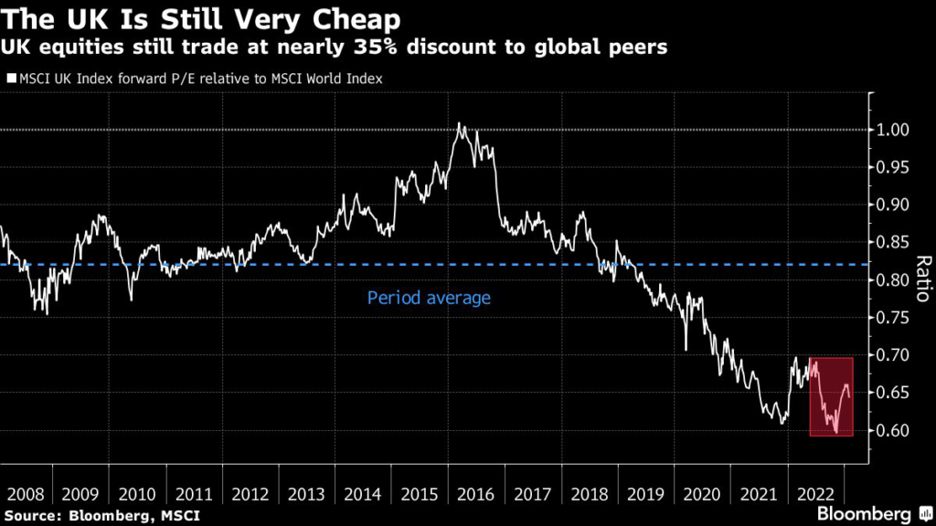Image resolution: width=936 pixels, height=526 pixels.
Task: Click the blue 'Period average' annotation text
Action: pyautogui.click(x=429, y=298)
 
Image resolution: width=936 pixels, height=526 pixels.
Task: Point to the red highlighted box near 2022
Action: pyautogui.click(x=832, y=397)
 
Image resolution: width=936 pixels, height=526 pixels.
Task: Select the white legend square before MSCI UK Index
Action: pyautogui.click(x=10, y=79)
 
